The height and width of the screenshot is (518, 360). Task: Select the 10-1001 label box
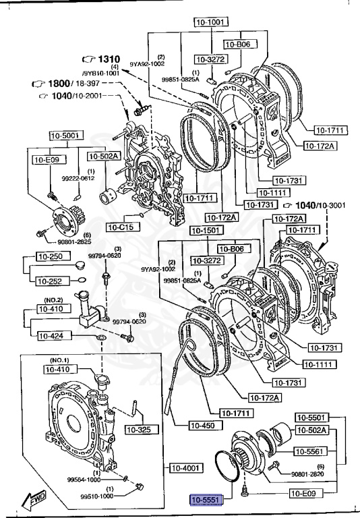click(x=209, y=22)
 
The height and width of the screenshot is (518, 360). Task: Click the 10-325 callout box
click(x=140, y=429)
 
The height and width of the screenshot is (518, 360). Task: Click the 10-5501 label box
click(x=311, y=417)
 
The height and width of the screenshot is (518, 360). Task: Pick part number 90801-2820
click(x=308, y=475)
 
